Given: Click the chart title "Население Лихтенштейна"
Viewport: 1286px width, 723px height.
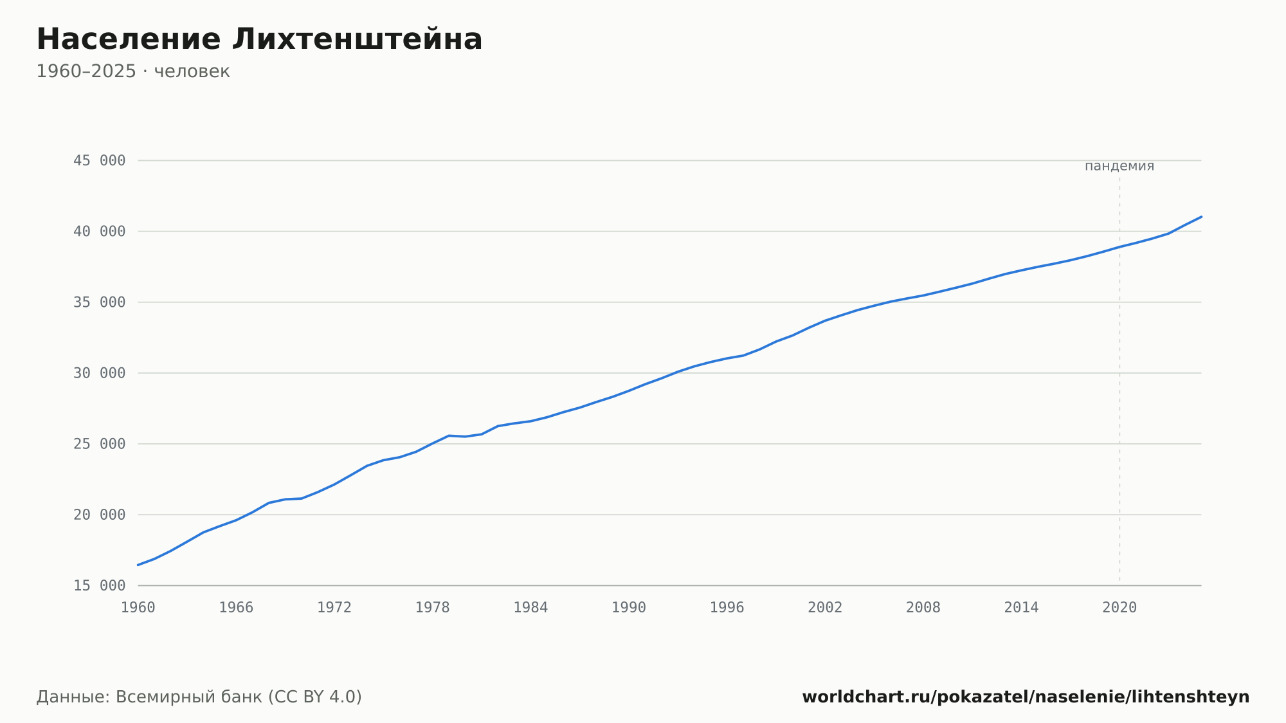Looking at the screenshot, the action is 259,39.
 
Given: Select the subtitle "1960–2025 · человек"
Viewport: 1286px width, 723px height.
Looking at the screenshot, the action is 133,71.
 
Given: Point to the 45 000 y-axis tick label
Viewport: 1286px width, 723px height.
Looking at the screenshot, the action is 100,161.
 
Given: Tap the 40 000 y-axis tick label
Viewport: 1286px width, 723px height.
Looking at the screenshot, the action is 100,232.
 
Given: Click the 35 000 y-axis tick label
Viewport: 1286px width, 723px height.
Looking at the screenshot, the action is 100,302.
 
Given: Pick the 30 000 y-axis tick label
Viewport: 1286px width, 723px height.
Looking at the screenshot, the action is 100,373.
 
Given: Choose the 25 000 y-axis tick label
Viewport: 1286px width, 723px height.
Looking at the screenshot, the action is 100,444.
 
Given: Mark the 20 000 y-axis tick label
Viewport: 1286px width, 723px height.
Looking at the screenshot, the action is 100,515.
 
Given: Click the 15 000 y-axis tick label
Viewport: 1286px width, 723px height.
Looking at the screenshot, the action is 100,585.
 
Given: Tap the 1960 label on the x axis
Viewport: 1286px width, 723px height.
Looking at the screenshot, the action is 138,608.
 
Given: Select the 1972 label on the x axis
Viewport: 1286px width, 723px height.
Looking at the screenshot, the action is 334,608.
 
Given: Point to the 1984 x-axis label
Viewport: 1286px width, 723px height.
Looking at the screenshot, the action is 530,608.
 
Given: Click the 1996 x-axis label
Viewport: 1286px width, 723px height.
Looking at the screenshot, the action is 727,608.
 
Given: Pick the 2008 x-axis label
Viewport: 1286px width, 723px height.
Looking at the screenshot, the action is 923,608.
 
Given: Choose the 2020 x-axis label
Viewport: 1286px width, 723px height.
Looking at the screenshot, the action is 1119,608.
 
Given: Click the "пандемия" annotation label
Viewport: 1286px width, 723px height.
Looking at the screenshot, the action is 1119,166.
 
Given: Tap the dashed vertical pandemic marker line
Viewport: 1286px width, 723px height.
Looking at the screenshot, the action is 1119,381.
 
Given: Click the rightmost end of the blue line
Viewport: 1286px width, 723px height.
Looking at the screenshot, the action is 1201,217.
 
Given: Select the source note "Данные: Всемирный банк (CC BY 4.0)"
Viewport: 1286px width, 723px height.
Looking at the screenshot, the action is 199,697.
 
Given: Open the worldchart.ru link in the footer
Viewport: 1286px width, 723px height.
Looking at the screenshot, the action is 1026,697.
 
